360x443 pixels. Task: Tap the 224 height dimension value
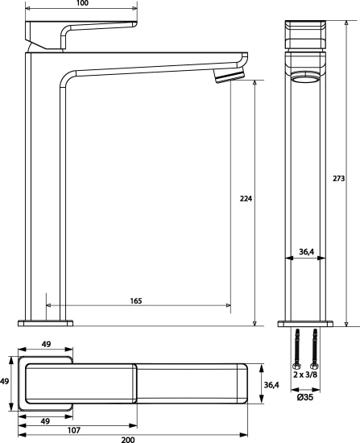(x=246, y=199)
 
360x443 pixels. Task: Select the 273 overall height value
(x=338, y=179)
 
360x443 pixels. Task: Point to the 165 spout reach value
(x=136, y=301)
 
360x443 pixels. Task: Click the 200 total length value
(x=128, y=440)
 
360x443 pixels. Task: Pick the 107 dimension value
(x=74, y=430)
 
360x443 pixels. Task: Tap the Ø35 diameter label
(x=305, y=397)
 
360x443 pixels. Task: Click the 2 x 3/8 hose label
(x=305, y=375)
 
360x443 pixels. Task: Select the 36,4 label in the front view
(x=307, y=251)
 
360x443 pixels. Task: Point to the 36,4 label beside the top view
(x=271, y=385)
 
